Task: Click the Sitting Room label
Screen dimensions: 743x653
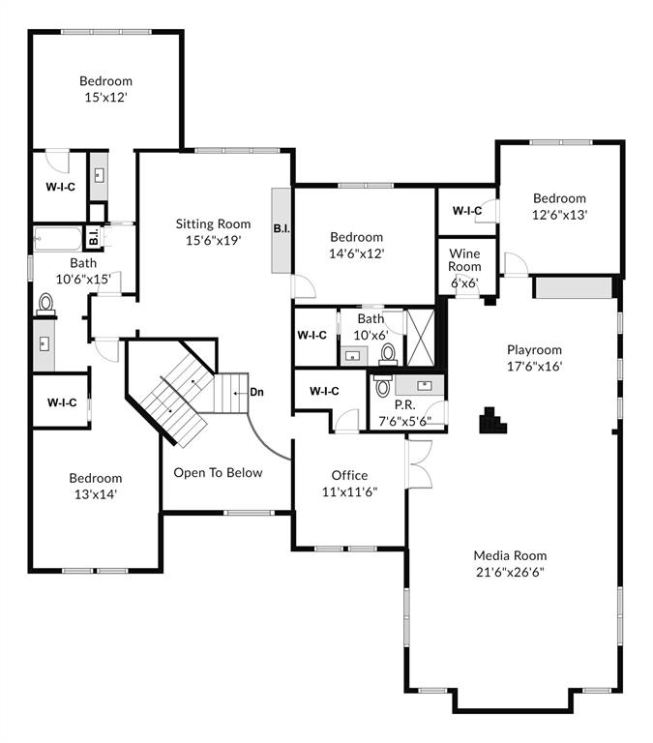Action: (213, 224)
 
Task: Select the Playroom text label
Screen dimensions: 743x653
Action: (534, 350)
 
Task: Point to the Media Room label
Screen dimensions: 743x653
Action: (510, 555)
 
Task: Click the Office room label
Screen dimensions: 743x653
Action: (349, 475)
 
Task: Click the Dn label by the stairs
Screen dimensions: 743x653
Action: (257, 392)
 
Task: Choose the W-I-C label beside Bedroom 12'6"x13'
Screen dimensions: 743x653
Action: (467, 211)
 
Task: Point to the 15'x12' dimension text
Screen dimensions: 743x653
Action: (105, 98)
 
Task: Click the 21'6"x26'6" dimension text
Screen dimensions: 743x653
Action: (510, 572)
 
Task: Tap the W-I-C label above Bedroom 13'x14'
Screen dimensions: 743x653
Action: (54, 402)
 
